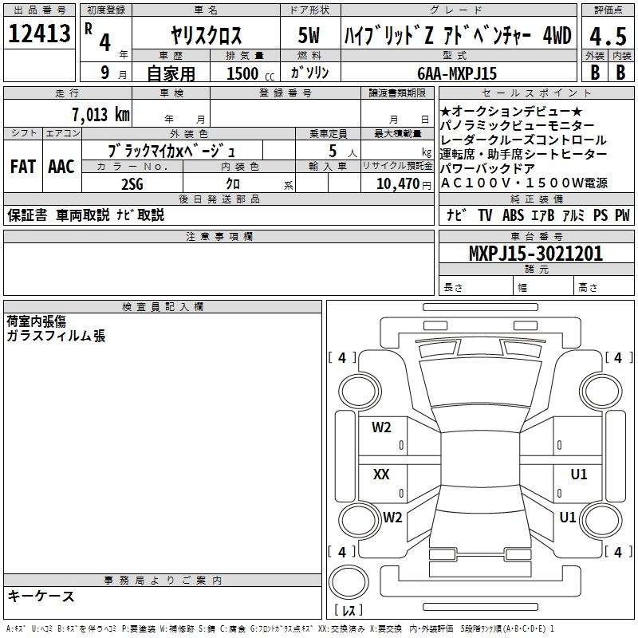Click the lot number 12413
coord(39,33)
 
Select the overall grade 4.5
coord(608,36)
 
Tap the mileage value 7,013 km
coord(101,115)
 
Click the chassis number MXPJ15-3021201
coord(535,254)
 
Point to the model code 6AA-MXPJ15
coord(457,73)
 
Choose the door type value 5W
coord(309,35)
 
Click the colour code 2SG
coord(132,184)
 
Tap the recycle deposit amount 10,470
coord(397,184)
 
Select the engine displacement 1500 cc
coord(250,73)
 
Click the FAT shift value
coord(23,167)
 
